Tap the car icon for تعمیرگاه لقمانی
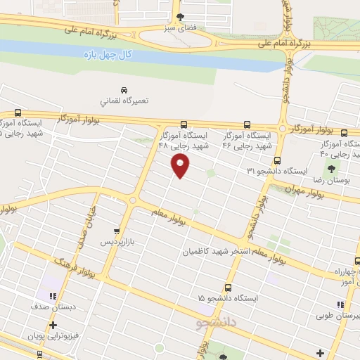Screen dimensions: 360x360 coord(124,91)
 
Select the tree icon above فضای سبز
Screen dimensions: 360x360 coord(181,16)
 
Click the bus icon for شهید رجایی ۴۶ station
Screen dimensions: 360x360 coord(246,124)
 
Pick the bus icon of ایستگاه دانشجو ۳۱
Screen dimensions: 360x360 coord(278,160)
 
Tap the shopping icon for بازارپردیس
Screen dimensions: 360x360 coord(117,231)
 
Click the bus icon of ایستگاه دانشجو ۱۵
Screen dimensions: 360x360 coord(228,287)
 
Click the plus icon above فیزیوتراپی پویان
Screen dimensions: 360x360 coord(53,324)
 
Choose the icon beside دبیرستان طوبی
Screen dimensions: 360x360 coord(340,304)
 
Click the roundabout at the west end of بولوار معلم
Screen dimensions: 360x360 coord(133,200)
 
